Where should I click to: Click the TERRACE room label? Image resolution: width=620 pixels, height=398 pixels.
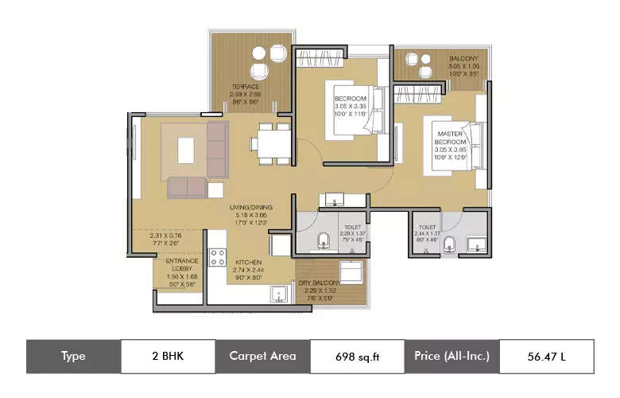click(246, 87)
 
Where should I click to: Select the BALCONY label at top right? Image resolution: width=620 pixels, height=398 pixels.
click(463, 58)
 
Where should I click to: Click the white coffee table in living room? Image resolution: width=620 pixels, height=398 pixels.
click(185, 150)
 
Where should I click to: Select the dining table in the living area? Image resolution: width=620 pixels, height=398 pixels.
click(270, 144)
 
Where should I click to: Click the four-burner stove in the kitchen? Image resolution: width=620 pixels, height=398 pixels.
click(218, 257)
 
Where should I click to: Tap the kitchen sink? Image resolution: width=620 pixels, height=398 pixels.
click(277, 296)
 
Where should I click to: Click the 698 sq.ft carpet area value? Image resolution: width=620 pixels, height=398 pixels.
click(357, 357)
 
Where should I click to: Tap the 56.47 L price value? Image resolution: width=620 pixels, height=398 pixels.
click(546, 357)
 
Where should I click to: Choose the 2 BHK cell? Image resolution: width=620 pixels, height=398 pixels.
click(168, 357)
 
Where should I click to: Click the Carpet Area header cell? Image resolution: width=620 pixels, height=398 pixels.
click(262, 357)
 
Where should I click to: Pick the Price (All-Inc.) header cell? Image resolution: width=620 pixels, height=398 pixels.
click(451, 357)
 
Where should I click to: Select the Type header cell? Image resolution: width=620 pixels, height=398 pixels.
click(73, 357)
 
